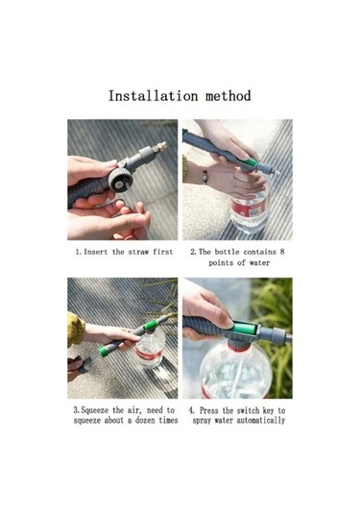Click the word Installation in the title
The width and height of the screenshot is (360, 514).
153,96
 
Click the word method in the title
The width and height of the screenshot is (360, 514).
228,96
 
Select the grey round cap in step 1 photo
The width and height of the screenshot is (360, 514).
121,180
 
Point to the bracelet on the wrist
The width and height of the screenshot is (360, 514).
204,176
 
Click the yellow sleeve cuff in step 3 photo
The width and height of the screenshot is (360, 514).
76,330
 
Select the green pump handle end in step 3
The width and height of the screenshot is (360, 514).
103,352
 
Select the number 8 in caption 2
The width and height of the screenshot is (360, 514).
282,252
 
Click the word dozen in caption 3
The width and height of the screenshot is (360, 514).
145,420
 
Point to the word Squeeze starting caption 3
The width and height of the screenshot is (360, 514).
94,410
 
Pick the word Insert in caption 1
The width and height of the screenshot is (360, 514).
96,252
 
